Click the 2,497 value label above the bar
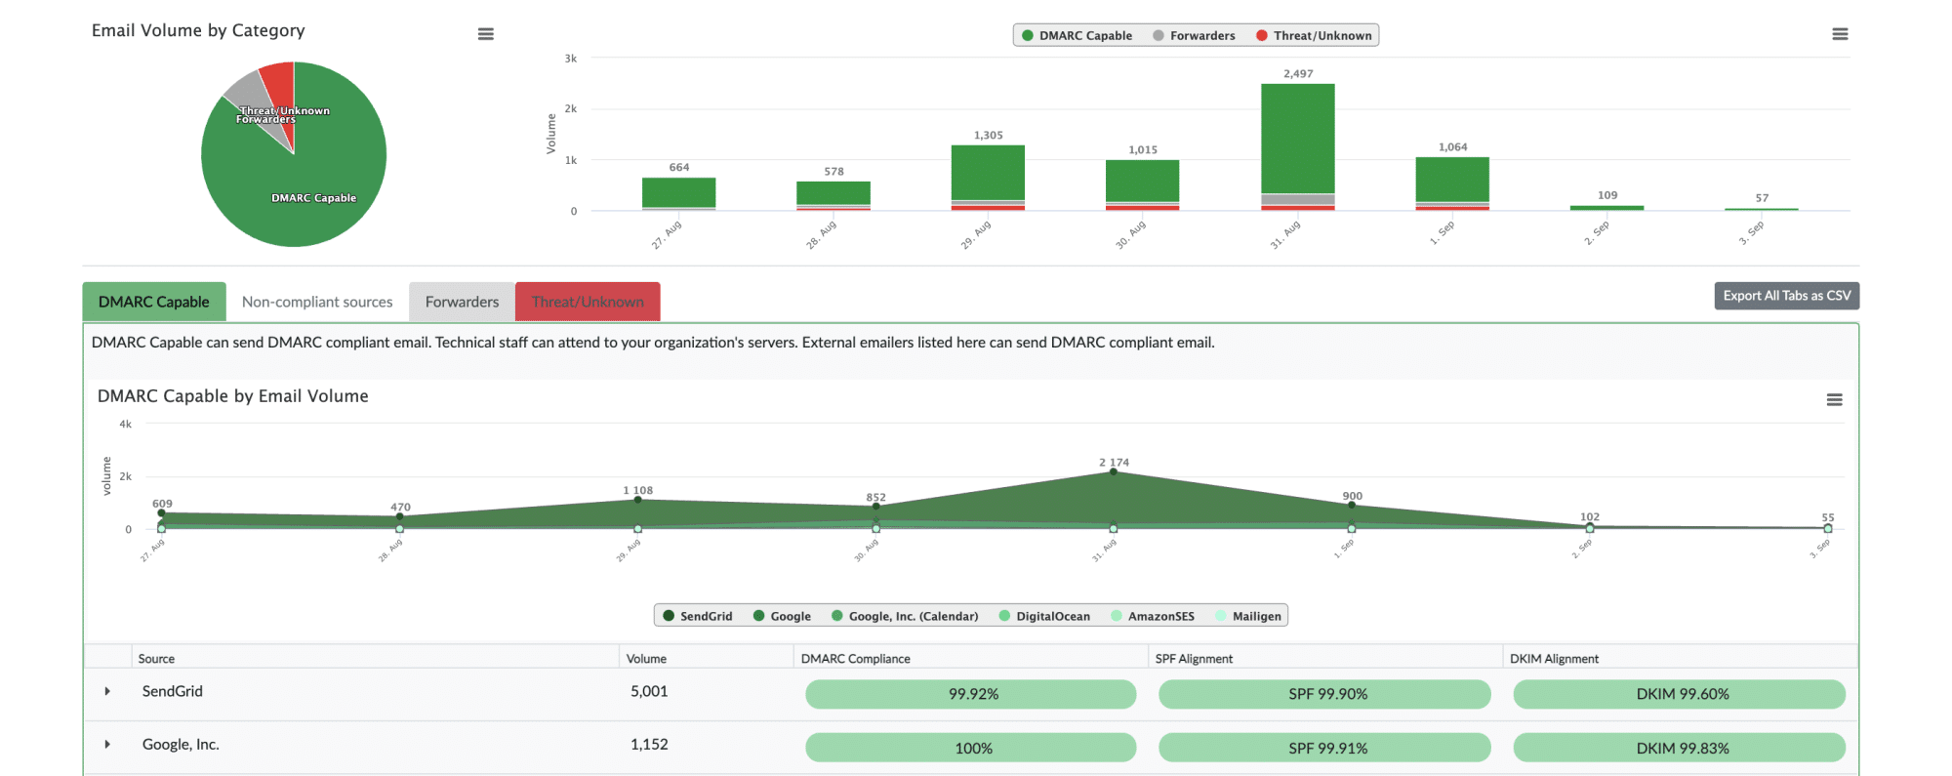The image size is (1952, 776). [1297, 74]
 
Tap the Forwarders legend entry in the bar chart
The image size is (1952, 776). [1194, 36]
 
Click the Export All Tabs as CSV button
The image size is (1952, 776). [1785, 296]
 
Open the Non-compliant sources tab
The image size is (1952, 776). [317, 303]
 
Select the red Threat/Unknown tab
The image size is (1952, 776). [588, 303]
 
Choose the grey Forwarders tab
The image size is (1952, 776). [462, 303]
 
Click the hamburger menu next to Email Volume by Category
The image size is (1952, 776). [485, 34]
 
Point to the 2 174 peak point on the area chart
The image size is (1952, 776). [1113, 472]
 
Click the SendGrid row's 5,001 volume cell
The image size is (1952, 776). [649, 692]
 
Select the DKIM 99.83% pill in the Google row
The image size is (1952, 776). [1679, 748]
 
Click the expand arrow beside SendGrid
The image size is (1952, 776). [107, 692]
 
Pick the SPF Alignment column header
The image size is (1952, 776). [1194, 659]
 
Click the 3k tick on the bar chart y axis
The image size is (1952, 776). [571, 59]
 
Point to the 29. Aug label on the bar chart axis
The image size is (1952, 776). [976, 235]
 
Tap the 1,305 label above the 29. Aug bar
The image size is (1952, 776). [988, 136]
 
